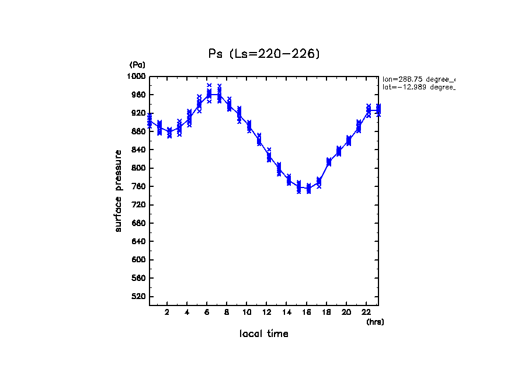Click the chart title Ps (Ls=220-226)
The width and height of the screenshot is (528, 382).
pyautogui.click(x=265, y=54)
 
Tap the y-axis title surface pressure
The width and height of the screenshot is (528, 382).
pyautogui.click(x=119, y=190)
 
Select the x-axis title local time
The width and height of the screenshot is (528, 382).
pyautogui.click(x=264, y=334)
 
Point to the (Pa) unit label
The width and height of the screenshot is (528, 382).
pyautogui.click(x=137, y=64)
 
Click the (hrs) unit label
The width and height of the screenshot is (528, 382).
pyautogui.click(x=375, y=321)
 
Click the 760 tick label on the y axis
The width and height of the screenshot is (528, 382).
pyautogui.click(x=139, y=186)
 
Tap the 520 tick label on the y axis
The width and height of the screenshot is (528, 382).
pyautogui.click(x=139, y=297)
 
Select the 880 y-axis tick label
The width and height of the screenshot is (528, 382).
pyautogui.click(x=139, y=131)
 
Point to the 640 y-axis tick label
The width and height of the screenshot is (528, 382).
pyautogui.click(x=139, y=241)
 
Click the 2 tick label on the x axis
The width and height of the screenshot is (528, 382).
pyautogui.click(x=167, y=312)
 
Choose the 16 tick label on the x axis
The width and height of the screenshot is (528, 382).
pyautogui.click(x=307, y=312)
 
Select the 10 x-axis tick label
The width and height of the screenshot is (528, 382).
pyautogui.click(x=247, y=312)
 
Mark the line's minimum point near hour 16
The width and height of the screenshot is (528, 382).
pyautogui.click(x=308, y=189)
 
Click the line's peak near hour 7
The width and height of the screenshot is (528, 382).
pyautogui.click(x=219, y=94)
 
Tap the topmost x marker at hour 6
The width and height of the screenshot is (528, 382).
pyautogui.click(x=209, y=85)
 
